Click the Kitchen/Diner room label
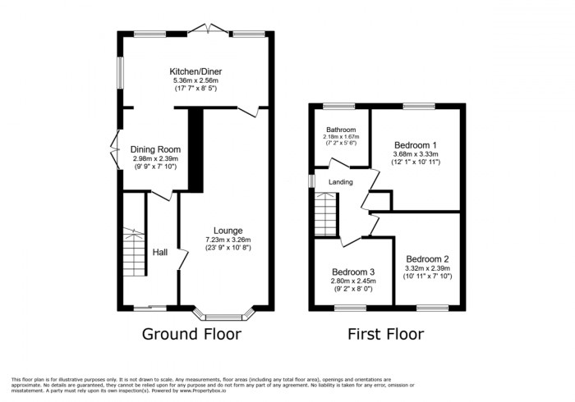tap(197, 71)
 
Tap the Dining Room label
tap(155, 149)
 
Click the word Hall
tap(160, 253)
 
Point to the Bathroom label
tap(340, 130)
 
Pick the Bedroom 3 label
tap(353, 272)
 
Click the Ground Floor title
tap(191, 334)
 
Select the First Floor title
tap(385, 334)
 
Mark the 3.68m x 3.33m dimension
tap(416, 153)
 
